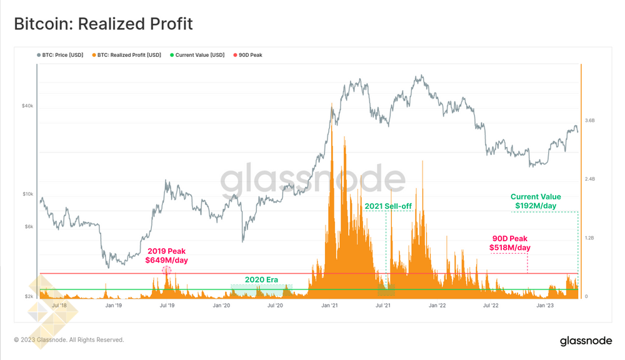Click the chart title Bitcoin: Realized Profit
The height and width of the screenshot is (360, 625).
point(103,24)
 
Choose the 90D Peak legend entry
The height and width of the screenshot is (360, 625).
point(250,55)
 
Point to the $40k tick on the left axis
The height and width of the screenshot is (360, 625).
point(27,106)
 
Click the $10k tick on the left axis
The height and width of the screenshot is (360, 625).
point(27,194)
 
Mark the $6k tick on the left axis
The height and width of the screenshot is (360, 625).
point(29,227)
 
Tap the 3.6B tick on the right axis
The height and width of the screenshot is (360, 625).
point(590,120)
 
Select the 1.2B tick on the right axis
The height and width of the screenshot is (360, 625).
point(590,238)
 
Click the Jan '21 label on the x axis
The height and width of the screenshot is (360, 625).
point(329,306)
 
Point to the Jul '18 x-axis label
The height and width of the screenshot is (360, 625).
point(60,306)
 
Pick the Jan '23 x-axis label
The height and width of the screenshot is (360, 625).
point(546,306)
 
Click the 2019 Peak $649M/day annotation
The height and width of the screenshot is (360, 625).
point(167,256)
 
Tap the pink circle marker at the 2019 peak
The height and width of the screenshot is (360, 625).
point(166,271)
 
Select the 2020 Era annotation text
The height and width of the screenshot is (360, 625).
point(261,279)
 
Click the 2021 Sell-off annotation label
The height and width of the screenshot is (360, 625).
point(388,206)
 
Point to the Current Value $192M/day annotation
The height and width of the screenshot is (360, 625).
point(536,201)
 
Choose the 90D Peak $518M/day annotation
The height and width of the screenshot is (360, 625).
point(510,243)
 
